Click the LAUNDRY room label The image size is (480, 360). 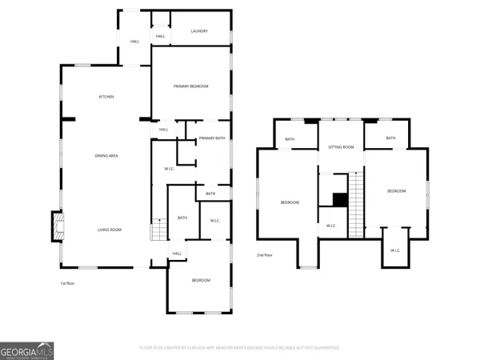click(x=199, y=31)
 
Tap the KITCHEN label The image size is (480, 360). click(x=106, y=97)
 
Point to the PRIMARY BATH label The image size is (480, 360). click(x=213, y=138)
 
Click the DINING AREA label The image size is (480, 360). click(x=106, y=155)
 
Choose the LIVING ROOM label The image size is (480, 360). click(x=110, y=230)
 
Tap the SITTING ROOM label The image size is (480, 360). click(x=342, y=148)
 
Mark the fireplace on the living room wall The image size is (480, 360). click(x=57, y=226)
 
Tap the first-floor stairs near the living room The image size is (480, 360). click(x=158, y=233)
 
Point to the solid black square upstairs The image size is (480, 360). click(x=339, y=200)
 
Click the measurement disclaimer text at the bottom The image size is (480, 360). click(x=239, y=348)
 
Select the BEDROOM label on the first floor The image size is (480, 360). click(x=200, y=280)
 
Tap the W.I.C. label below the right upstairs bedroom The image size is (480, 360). click(x=395, y=250)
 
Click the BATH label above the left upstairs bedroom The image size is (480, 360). click(x=290, y=141)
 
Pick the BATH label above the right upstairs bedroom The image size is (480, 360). click(x=390, y=138)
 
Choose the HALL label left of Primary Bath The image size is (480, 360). click(x=163, y=130)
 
